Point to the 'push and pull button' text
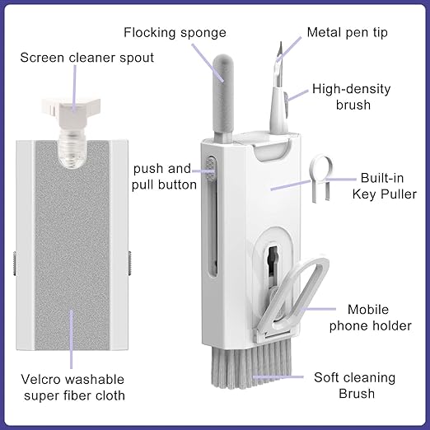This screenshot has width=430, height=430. click(x=165, y=176)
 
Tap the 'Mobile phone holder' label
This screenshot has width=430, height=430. click(x=379, y=318)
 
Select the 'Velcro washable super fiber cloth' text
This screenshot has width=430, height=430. click(x=72, y=387)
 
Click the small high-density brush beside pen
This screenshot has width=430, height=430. click(x=285, y=103)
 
